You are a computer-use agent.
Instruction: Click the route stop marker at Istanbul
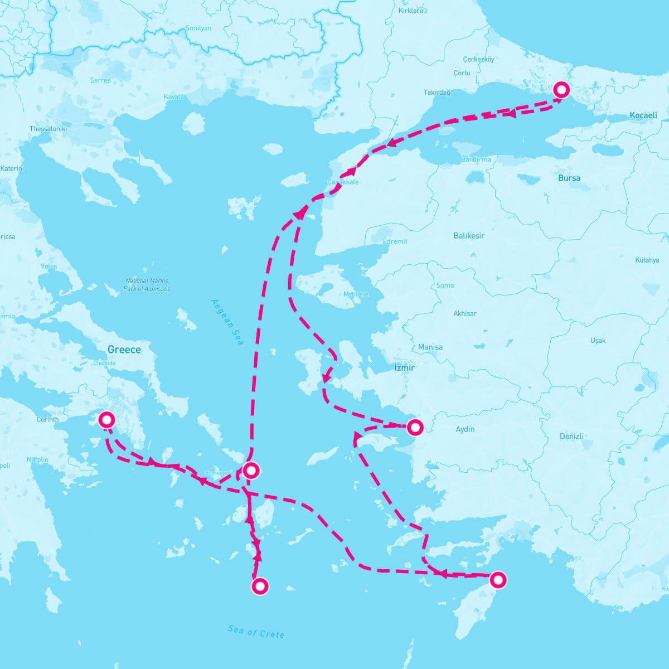coord(561,90)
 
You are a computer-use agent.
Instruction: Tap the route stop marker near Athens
coord(106,419)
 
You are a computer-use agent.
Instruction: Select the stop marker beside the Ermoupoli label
coord(251,471)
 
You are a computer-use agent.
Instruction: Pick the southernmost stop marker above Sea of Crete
coord(260,586)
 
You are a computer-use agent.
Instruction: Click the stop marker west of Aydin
coord(415,428)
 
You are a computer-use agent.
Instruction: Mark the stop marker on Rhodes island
coord(498,580)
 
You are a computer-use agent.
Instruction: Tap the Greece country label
coord(124,350)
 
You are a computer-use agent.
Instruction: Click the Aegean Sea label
coord(227,322)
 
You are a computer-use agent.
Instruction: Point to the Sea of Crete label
coord(256,631)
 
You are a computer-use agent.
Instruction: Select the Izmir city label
coord(404,368)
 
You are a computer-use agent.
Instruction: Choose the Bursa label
coord(569,178)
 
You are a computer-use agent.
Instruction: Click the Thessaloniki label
coord(48,129)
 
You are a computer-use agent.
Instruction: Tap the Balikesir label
coord(469,236)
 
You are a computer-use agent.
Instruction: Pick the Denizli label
coord(571,436)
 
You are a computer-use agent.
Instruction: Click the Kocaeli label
coord(643,115)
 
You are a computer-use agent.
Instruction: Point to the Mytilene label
coord(356,294)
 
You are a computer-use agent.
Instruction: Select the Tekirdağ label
coord(437,93)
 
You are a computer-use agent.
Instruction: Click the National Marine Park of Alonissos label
coord(147,284)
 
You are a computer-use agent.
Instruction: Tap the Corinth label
coord(47,419)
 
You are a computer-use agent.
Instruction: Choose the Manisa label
coord(430,347)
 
